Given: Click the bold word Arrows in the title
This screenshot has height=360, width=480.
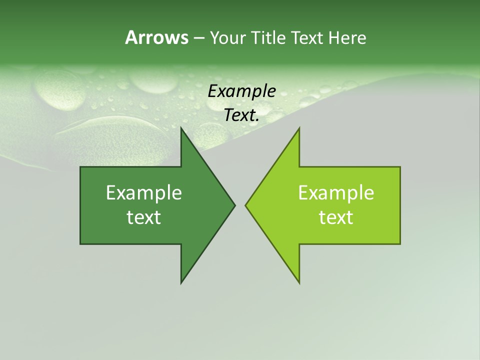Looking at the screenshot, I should click(x=156, y=37).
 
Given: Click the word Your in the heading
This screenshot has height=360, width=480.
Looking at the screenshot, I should click(x=227, y=37).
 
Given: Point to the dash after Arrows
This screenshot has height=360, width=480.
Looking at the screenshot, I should click(x=198, y=38).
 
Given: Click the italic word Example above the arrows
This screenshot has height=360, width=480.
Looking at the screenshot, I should click(x=242, y=91).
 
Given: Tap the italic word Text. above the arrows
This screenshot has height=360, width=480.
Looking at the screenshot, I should click(x=242, y=115).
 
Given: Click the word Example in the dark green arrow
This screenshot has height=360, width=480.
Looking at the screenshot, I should click(x=144, y=192).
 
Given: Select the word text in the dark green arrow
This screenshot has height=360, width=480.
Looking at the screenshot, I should click(x=144, y=217).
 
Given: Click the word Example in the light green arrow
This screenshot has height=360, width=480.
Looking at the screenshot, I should click(x=336, y=192).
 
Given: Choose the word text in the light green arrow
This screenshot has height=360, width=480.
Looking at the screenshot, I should click(x=336, y=217).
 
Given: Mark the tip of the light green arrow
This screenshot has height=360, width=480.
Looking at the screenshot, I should click(x=246, y=205).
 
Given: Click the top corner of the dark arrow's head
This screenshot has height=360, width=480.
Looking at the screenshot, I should click(x=181, y=128).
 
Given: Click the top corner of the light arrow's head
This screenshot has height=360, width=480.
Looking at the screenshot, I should click(x=299, y=128).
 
